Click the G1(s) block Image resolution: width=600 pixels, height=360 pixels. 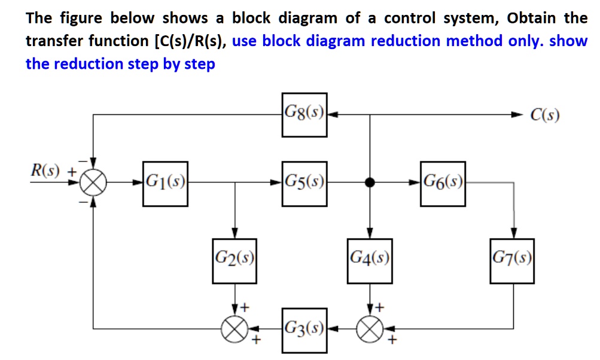point(165,184)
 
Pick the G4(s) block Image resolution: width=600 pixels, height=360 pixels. point(370,260)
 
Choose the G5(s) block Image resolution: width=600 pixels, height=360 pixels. point(304,184)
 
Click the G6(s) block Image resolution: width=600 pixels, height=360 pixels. point(443,184)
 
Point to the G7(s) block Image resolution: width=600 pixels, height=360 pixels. point(512,260)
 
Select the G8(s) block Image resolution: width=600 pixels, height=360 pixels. point(304,114)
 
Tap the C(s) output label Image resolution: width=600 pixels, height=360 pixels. point(544,115)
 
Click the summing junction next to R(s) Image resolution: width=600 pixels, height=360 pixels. point(93,184)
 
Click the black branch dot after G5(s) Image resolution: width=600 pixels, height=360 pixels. point(370,184)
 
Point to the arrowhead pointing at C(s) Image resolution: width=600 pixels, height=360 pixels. point(516,114)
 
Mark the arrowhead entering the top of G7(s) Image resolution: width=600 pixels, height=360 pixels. point(512,234)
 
